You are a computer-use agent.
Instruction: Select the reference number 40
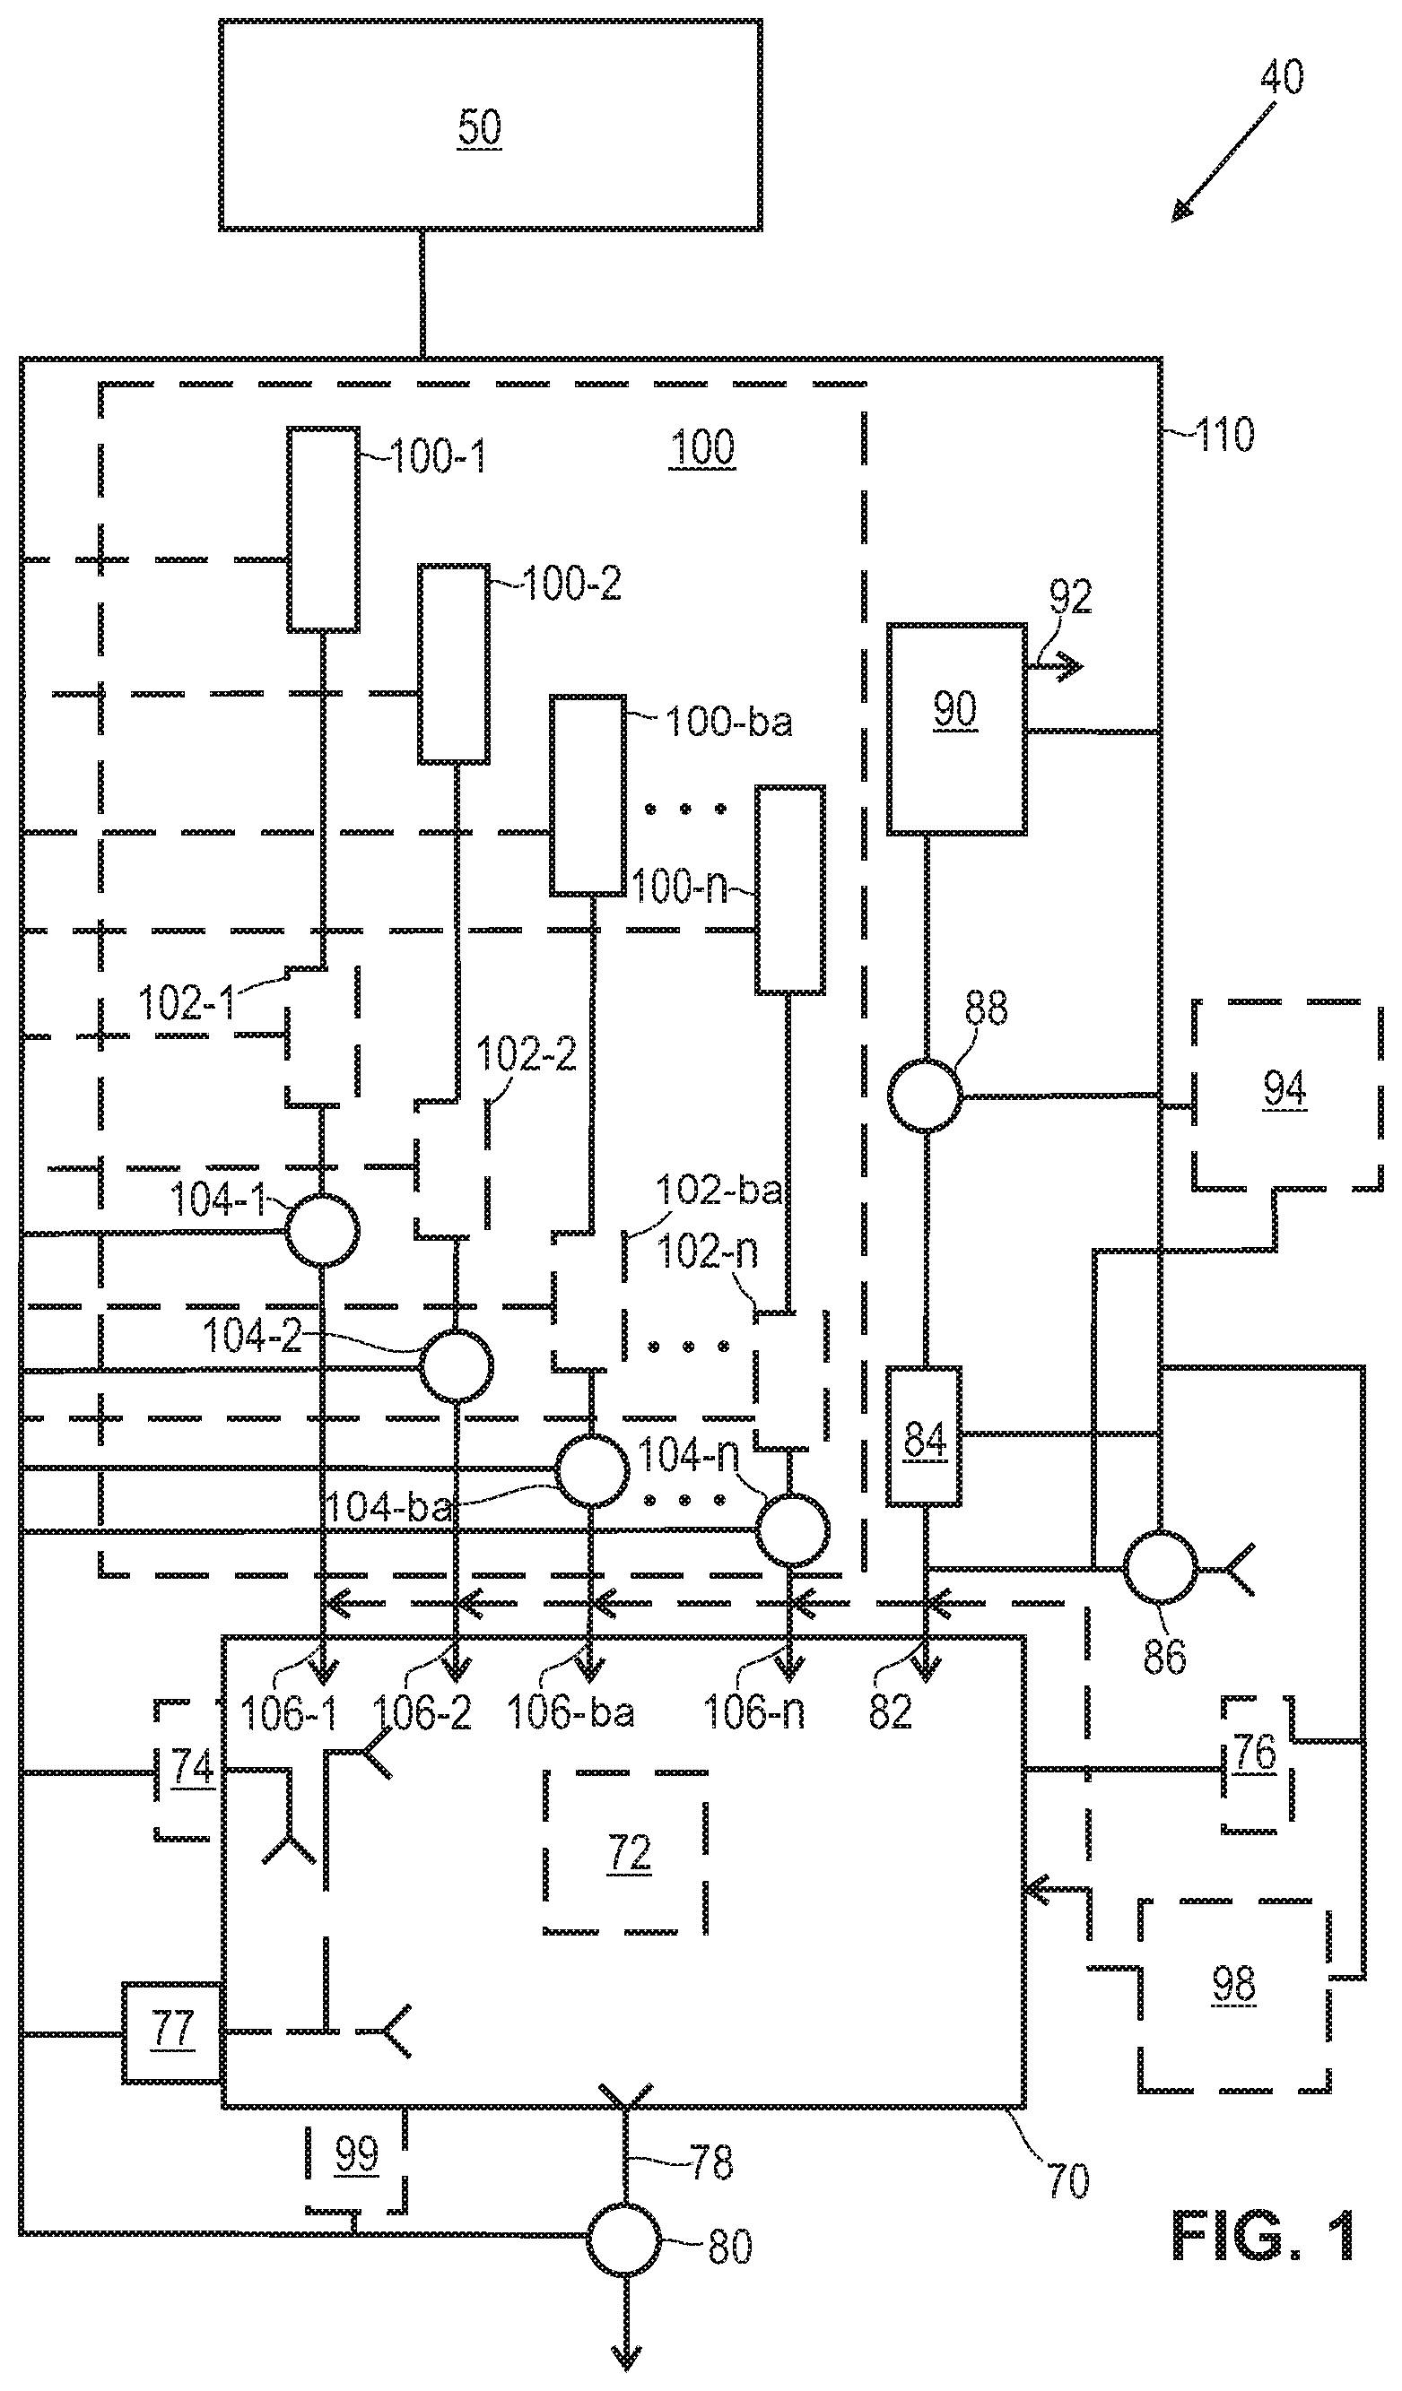(x=1282, y=76)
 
